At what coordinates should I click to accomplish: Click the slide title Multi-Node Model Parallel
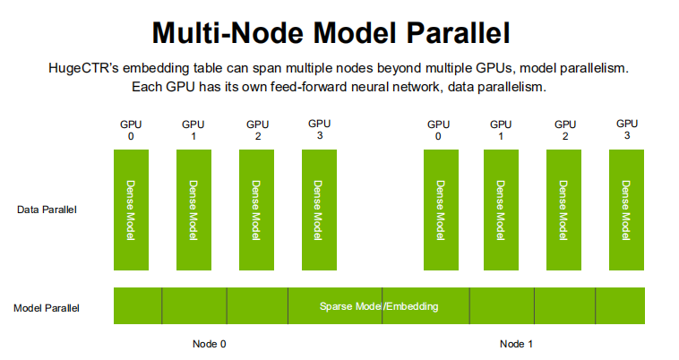(331, 32)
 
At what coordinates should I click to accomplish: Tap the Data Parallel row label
(47, 210)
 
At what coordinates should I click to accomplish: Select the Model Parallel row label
(47, 308)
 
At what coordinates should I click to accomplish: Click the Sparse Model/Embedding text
(379, 306)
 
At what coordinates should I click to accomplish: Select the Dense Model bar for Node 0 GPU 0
(131, 210)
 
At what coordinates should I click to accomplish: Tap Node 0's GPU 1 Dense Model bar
(193, 210)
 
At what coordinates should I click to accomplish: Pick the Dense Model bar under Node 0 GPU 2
(256, 210)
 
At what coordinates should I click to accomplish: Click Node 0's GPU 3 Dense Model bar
(319, 210)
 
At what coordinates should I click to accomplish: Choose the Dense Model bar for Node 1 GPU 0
(440, 210)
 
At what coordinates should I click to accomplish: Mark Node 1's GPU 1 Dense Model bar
(501, 210)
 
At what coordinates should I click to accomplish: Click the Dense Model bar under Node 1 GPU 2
(564, 210)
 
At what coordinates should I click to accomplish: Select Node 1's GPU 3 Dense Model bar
(627, 210)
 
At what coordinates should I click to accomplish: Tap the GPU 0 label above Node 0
(132, 130)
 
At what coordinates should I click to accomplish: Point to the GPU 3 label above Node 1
(627, 129)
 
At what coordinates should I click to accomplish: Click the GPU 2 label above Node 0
(257, 130)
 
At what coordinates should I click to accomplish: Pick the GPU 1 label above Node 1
(501, 130)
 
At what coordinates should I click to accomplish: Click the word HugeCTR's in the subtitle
(85, 68)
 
